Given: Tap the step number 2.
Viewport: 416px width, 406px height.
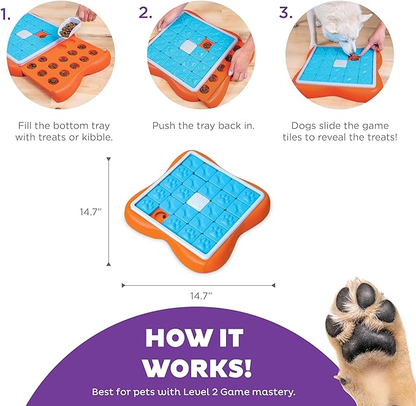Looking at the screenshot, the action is pos(146,12).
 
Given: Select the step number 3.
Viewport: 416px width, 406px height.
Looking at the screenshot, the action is pos(286,12).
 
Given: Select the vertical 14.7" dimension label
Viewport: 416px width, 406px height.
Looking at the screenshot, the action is pos(91,212).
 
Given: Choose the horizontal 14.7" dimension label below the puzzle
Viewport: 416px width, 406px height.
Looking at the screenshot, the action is pos(201,296).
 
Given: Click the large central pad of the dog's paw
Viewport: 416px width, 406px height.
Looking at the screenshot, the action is pos(368,340).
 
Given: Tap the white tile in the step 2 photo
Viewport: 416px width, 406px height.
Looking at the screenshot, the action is pos(189,46).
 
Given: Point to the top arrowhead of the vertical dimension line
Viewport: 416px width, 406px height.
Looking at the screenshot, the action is pos(108,159).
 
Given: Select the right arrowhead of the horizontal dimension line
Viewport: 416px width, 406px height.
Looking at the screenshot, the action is pos(273,285).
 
